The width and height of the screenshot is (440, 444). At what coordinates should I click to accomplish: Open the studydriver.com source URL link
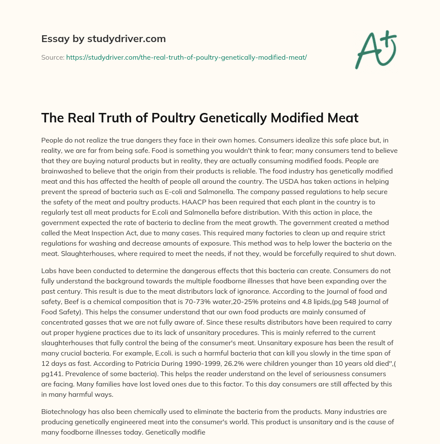tap(186, 57)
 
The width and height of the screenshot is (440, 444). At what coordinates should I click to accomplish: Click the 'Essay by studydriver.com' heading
tap(103, 39)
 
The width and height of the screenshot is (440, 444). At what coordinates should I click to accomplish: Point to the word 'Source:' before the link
tap(52, 57)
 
